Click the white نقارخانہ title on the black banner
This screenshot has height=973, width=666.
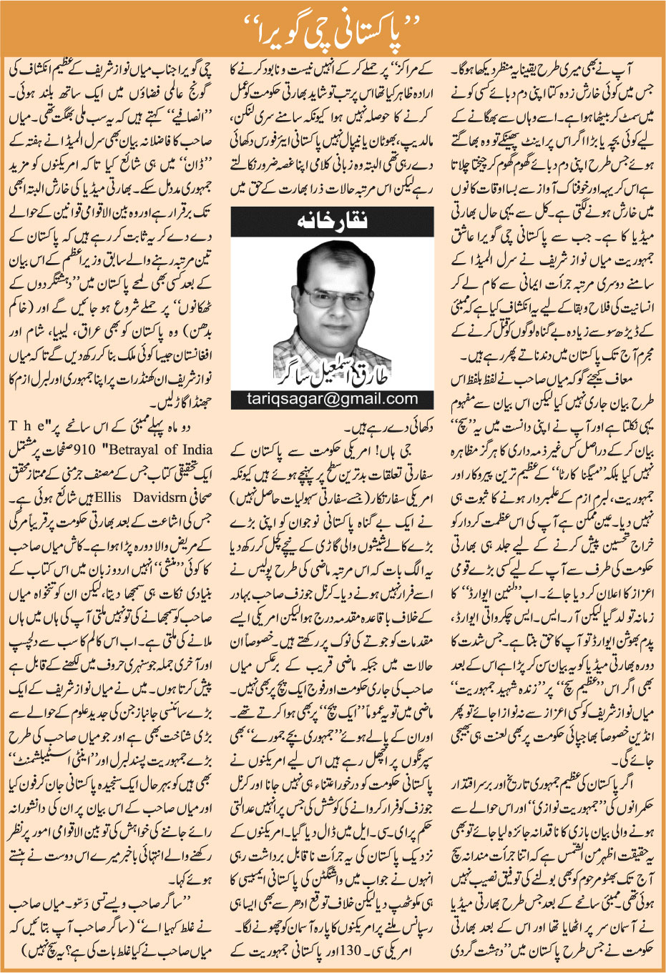coord(332,222)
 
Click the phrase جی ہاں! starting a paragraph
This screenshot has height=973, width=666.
coord(411,450)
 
